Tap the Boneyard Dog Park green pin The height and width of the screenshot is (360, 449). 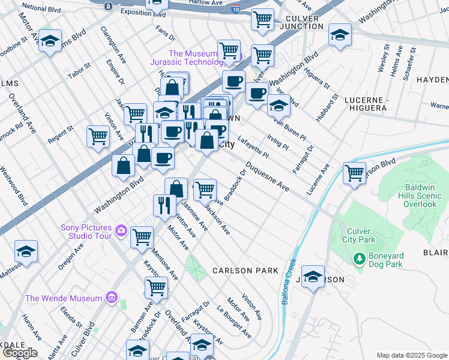(x=360, y=259)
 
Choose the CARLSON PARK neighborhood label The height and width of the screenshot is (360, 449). (x=246, y=271)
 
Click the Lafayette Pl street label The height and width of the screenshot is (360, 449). (x=253, y=147)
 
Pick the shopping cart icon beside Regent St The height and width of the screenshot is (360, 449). (x=98, y=135)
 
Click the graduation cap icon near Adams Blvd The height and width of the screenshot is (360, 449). (x=50, y=41)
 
